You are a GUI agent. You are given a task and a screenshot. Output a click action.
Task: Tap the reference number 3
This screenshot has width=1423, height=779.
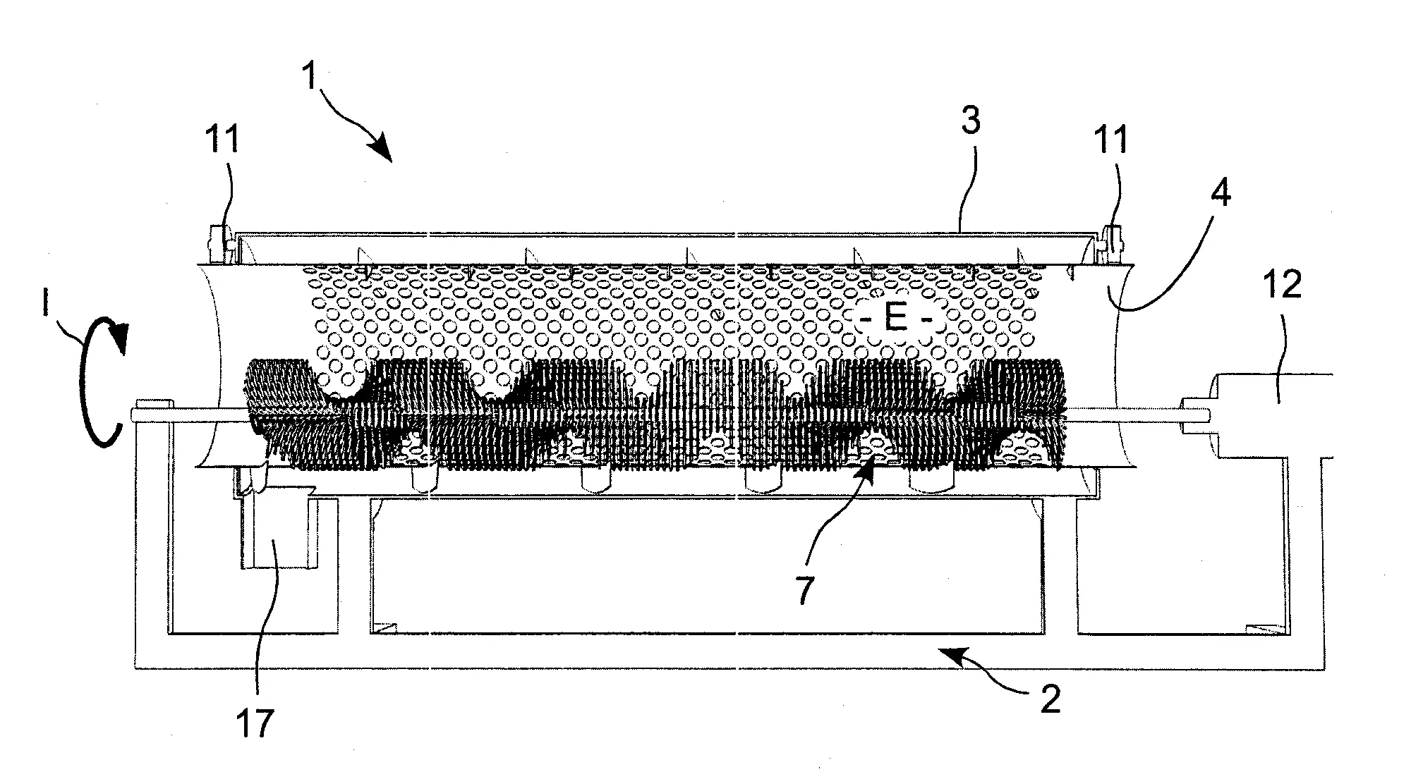971,121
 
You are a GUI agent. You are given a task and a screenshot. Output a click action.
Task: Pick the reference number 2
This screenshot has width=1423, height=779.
1050,699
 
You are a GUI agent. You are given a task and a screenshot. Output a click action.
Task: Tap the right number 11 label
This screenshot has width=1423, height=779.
1110,138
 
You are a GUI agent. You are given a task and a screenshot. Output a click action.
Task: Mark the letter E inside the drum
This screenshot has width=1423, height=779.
896,319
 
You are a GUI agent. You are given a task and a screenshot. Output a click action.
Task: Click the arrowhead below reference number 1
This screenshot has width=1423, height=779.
382,151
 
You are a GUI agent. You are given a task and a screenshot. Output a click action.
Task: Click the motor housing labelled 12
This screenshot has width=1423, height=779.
1270,416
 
